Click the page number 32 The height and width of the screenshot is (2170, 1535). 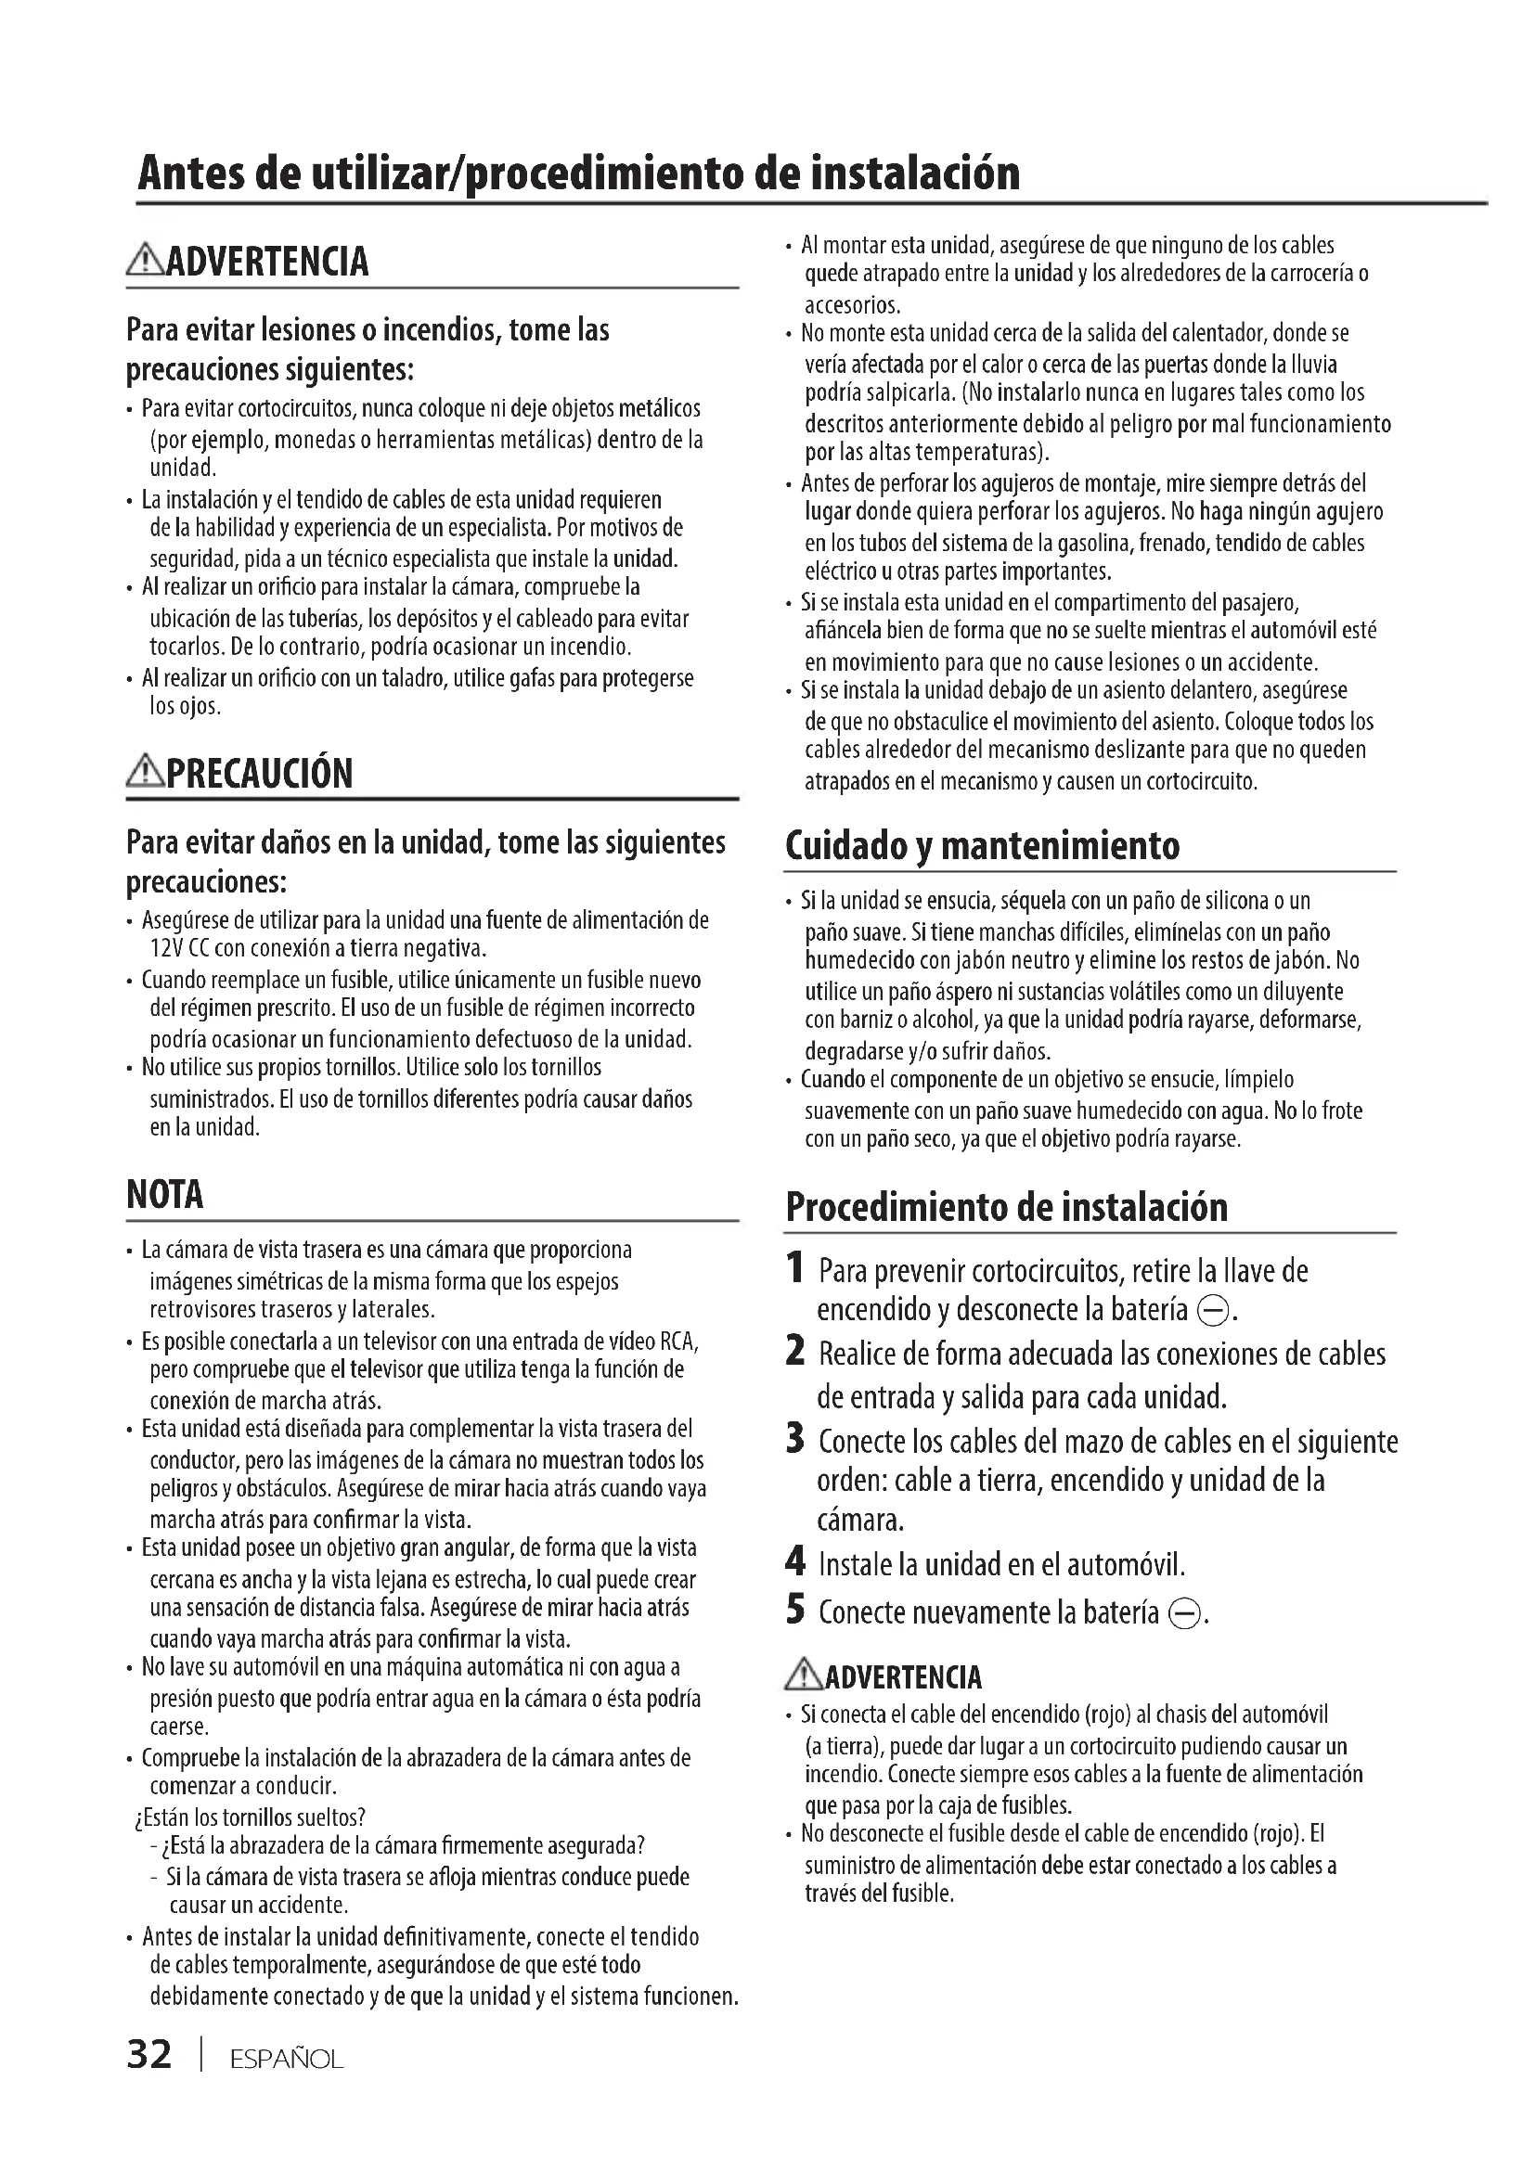tap(149, 2055)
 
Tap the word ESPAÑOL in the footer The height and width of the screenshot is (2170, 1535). tap(287, 2060)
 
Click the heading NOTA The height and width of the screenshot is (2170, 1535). tap(164, 1195)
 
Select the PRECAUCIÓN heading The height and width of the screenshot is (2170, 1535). tap(259, 774)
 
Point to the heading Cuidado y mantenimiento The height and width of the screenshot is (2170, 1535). tap(982, 845)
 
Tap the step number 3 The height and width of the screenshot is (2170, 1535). tap(796, 1441)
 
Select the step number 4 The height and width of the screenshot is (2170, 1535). tap(796, 1562)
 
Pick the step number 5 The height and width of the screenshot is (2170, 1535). tap(796, 1610)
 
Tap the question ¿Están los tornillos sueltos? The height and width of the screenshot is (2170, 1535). tap(251, 1817)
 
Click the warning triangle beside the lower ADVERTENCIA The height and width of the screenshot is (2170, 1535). tap(805, 1676)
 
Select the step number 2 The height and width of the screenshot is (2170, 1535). tap(796, 1353)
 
